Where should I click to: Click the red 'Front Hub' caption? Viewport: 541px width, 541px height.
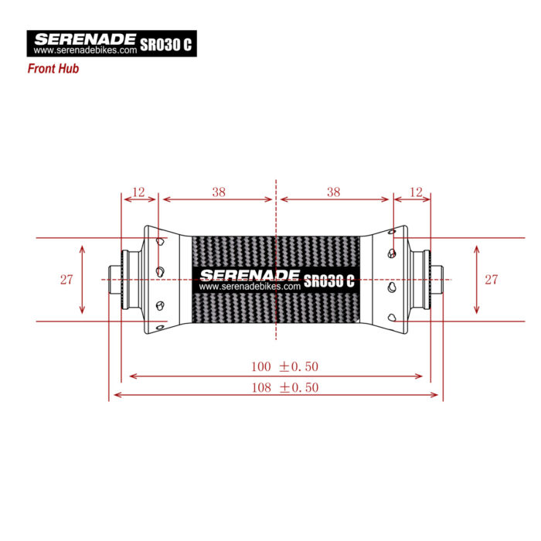[x=53, y=69]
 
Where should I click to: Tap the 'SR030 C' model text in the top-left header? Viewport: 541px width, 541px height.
[x=165, y=44]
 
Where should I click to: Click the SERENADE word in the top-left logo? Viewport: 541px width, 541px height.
[x=85, y=39]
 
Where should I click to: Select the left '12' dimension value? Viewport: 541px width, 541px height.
[x=138, y=192]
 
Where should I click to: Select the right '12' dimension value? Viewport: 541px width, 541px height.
[x=416, y=192]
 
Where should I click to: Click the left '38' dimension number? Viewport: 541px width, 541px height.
[x=219, y=192]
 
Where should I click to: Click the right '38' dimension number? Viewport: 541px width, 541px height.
[x=334, y=192]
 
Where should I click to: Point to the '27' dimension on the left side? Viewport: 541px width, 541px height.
[x=66, y=280]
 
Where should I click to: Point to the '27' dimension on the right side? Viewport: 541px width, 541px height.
[x=492, y=280]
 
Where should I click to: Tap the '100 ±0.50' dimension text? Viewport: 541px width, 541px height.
[x=284, y=366]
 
